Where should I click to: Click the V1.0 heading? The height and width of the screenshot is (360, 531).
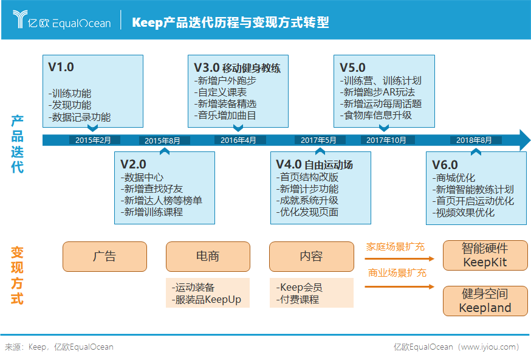tap(61, 67)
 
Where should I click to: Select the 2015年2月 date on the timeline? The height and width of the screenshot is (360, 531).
tap(93, 140)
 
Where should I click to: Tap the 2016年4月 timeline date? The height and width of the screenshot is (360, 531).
tap(238, 140)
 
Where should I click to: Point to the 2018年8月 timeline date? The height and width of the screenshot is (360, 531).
tap(474, 140)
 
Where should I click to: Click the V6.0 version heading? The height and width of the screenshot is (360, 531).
tap(445, 165)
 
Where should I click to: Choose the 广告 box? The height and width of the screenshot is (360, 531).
tap(104, 256)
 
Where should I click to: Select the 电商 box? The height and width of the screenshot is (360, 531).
tap(208, 256)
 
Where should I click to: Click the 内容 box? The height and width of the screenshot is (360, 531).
tap(311, 256)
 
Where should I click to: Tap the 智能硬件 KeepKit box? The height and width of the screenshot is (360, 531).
tap(485, 255)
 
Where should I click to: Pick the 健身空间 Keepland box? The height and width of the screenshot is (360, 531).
tap(485, 301)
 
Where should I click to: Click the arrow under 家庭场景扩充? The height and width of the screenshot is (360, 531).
tap(399, 259)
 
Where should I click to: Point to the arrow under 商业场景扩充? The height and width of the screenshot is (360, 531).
tap(399, 285)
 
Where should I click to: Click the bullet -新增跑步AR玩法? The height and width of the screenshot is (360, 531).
tap(379, 92)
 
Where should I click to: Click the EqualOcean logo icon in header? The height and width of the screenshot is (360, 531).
tap(21, 19)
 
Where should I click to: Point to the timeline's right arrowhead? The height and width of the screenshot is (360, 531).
tap(524, 140)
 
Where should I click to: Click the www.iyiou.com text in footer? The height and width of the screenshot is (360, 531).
tap(490, 347)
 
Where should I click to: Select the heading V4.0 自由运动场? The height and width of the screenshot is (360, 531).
tap(314, 165)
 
